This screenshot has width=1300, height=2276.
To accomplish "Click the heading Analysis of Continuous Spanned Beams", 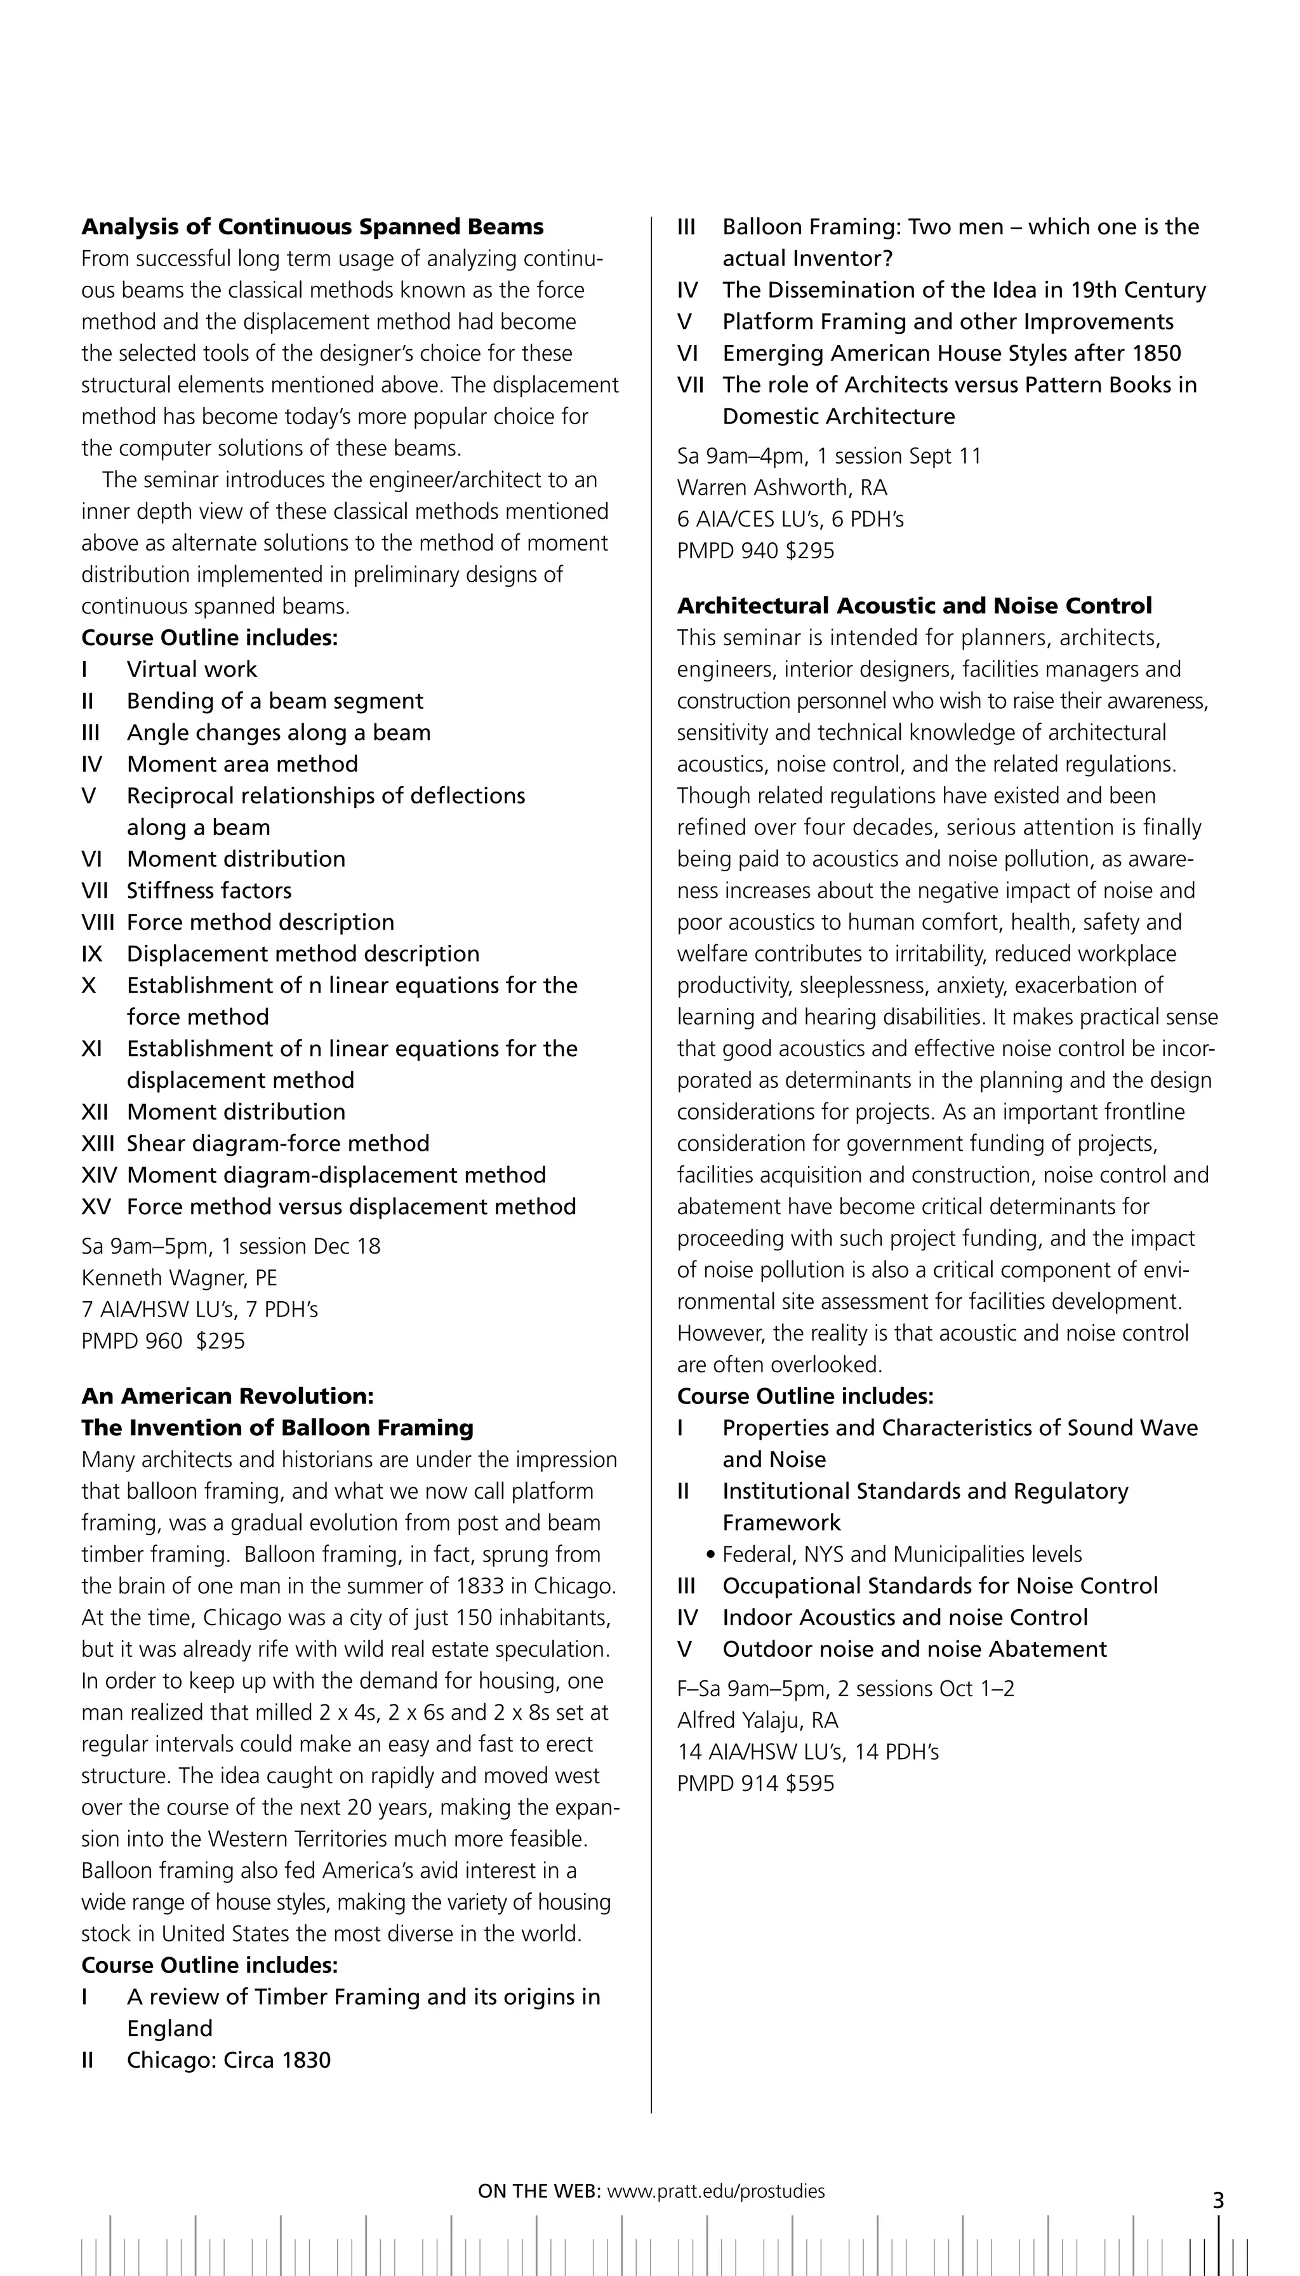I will [x=312, y=227].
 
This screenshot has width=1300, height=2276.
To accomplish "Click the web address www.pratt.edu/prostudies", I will [x=716, y=2190].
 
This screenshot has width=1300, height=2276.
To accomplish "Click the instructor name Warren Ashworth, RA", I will [x=782, y=488].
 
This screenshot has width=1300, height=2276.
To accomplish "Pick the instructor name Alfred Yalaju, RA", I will [x=757, y=1720].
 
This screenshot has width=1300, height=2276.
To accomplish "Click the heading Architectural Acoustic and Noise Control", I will [x=914, y=606].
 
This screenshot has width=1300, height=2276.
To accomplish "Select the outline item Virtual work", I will [x=192, y=669].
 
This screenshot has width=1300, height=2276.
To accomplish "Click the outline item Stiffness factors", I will [x=209, y=890].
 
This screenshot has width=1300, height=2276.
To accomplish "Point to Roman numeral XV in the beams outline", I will [x=96, y=1207].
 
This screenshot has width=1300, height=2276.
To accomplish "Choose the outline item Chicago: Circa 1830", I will [x=229, y=2060].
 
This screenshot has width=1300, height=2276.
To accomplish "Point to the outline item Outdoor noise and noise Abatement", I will [x=914, y=1649].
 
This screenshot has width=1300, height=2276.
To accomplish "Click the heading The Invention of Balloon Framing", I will [x=277, y=1428].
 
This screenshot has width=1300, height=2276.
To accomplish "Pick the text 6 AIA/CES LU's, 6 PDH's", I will [x=790, y=519].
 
